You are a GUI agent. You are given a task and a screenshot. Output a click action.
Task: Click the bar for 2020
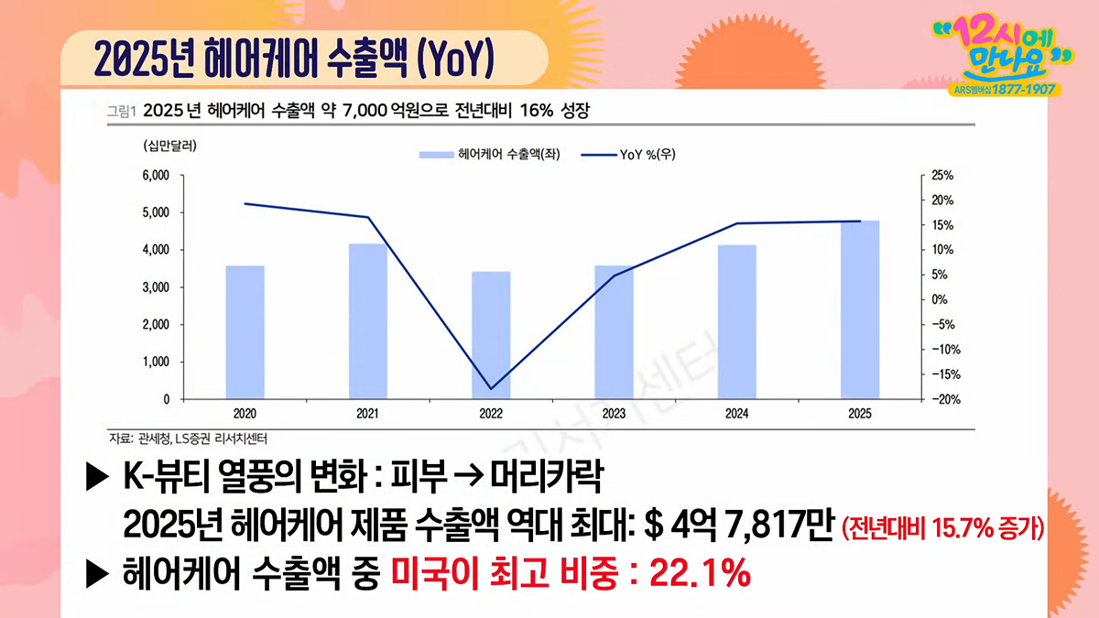tap(245, 332)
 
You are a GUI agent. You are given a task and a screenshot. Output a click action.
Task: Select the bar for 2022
tap(491, 335)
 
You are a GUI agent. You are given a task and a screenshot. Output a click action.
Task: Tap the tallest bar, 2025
tap(860, 309)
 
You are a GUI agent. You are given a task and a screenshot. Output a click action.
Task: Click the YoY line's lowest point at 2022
tap(491, 389)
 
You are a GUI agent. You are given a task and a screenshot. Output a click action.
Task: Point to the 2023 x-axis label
tap(614, 414)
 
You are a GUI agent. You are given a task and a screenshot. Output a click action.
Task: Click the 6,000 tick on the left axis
tap(156, 176)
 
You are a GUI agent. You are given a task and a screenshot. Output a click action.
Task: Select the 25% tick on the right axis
tap(942, 176)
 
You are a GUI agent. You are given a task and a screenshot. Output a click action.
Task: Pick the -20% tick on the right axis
tap(946, 400)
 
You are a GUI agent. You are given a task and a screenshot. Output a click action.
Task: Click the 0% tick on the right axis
tap(940, 299)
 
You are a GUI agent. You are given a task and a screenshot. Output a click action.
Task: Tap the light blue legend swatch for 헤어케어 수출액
tap(436, 155)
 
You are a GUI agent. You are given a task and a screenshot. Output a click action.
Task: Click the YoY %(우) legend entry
tap(628, 155)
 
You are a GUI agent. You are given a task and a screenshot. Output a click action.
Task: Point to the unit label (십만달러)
tap(169, 146)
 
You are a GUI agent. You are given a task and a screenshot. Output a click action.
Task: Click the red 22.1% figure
tap(700, 572)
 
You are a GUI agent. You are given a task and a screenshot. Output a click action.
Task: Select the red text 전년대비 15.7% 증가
tap(943, 529)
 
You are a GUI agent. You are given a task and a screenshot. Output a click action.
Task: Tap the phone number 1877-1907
tap(1024, 90)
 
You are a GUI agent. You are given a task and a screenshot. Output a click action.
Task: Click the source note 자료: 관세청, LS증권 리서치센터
tap(188, 439)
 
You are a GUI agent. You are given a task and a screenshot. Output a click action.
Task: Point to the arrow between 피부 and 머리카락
tap(469, 477)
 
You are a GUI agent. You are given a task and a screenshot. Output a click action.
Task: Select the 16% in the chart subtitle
tap(537, 111)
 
